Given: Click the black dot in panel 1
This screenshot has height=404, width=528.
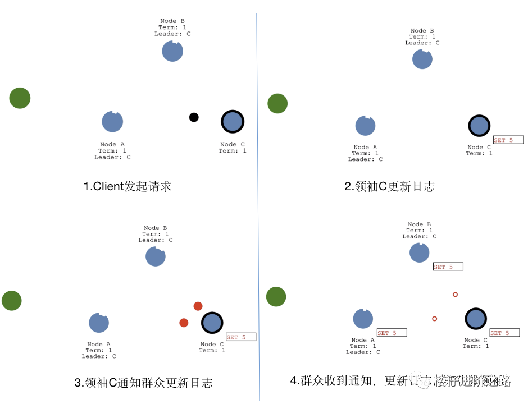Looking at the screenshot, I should coord(194,117).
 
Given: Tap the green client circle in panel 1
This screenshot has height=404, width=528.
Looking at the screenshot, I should coord(20,98).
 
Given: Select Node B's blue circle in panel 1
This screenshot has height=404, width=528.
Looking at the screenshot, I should coord(172,51).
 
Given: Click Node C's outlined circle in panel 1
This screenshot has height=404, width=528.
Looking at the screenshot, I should coord(233,121).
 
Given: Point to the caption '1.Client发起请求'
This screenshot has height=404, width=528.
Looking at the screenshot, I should coord(128,186).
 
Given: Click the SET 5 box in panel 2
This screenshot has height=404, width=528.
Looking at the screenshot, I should coord(508,140).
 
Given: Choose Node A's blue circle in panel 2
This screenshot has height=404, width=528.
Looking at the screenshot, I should coord(365,126).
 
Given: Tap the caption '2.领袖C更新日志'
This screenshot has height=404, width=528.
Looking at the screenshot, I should coord(389,186).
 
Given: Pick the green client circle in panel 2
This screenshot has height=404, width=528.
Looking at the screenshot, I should coord(277,103).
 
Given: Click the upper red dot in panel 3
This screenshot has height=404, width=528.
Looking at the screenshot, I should coord(198,306).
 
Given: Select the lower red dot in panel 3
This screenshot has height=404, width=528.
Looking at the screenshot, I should coord(184,323).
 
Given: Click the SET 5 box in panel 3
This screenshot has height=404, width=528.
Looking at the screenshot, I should coord(240,337).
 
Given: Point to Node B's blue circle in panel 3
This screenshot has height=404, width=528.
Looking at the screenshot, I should coord(156,256).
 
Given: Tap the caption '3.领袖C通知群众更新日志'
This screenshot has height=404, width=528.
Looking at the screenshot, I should coord(144,383).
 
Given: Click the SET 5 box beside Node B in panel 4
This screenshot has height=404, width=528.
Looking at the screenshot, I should coord(448,267).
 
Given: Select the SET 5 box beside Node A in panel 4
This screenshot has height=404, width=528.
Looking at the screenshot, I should coord(392,333).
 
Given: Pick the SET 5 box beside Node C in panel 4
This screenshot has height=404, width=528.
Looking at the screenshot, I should coord(504,333).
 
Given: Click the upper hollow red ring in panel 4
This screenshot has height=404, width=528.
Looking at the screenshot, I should coord(455,295).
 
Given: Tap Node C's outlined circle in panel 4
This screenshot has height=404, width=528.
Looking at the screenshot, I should coord(476,319).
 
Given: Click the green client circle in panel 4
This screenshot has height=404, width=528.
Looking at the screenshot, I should coord(276,297).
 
